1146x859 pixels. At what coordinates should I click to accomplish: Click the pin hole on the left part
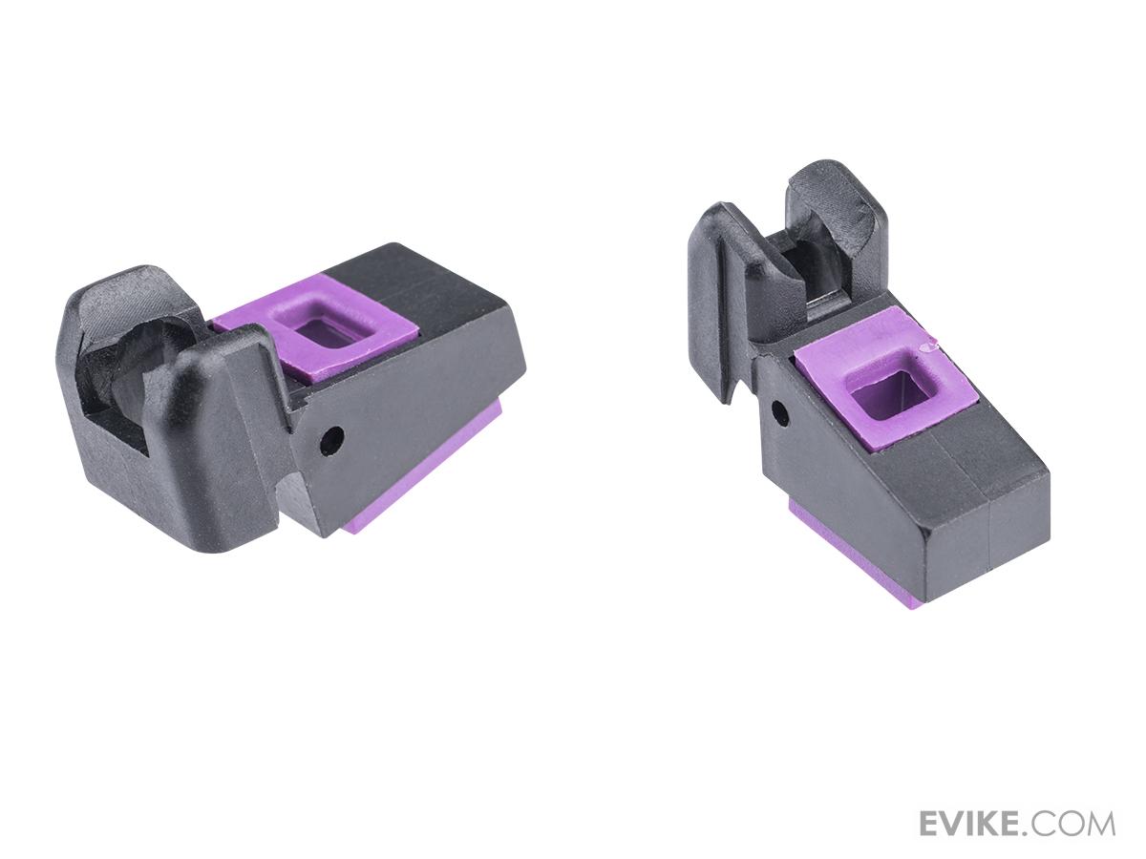[x=332, y=441]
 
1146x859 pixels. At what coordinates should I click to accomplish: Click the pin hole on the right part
[x=780, y=413]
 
